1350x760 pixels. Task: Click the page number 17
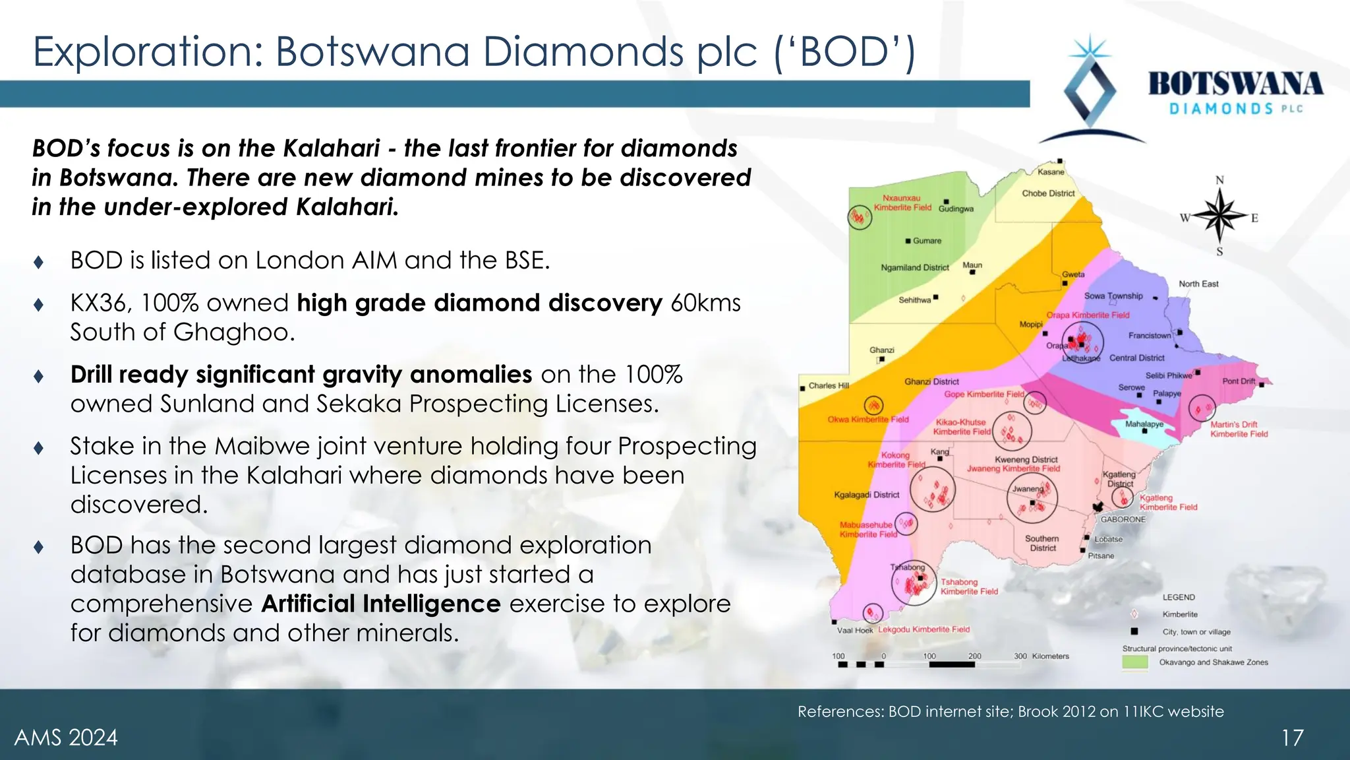click(1292, 738)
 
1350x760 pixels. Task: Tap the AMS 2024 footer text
click(66, 738)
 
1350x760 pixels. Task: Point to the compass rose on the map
click(1220, 216)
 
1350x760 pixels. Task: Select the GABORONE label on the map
click(1123, 519)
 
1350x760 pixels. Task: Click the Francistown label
click(1150, 335)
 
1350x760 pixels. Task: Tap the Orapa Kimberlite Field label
click(1088, 315)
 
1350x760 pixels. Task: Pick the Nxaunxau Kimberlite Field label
click(902, 203)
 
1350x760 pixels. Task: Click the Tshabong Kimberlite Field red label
click(969, 586)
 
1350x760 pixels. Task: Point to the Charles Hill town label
click(829, 385)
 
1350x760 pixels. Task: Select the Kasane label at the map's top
click(1051, 172)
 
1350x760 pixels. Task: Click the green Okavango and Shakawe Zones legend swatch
click(1135, 662)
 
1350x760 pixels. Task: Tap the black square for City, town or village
click(1134, 631)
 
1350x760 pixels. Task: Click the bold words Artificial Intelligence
click(381, 604)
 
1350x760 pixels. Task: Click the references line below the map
click(1011, 711)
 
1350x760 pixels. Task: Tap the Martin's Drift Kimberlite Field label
click(1239, 429)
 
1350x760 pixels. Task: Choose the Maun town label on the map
click(972, 265)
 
